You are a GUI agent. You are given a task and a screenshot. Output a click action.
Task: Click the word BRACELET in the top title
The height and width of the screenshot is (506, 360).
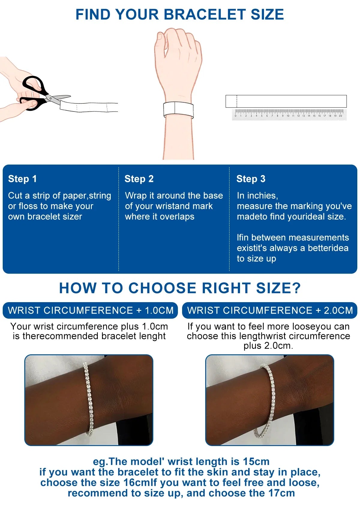tap(204, 14)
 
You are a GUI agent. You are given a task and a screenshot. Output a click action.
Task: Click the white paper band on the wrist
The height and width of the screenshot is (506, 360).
tap(178, 110)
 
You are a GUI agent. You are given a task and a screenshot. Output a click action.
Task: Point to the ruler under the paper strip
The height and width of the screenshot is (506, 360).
tap(289, 114)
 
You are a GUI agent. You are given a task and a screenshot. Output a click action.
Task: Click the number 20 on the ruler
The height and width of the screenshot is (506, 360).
tap(340, 116)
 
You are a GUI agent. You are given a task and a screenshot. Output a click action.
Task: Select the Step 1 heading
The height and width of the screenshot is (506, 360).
tap(22, 179)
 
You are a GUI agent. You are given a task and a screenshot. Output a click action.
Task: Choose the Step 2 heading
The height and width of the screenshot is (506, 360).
tap(139, 179)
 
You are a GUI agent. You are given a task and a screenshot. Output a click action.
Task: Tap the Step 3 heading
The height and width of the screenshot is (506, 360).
tap(251, 179)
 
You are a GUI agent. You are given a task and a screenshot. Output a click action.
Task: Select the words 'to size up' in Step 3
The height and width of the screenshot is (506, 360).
tap(256, 259)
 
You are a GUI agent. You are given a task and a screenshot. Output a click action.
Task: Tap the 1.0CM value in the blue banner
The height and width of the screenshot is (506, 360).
tap(159, 310)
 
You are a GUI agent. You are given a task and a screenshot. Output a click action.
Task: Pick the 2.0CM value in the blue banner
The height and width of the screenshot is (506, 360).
tap(338, 310)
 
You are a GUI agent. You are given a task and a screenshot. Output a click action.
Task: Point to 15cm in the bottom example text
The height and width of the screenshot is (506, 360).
tap(256, 462)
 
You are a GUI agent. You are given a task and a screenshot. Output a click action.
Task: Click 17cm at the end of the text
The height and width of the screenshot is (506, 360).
tap(281, 493)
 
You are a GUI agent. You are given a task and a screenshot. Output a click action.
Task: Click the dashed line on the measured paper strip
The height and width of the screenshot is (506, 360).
tap(237, 101)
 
